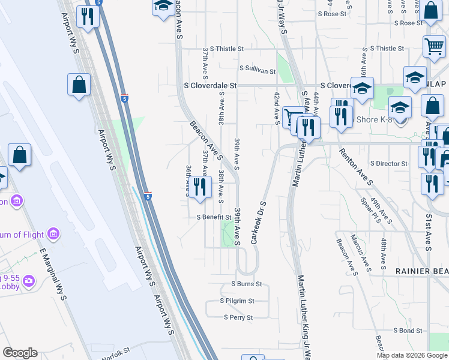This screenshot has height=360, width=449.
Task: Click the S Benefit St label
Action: pos(214,217)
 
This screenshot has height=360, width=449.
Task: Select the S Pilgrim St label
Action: pos(237,301)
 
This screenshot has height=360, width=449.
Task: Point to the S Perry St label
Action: pos(238,317)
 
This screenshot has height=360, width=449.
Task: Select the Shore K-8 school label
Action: pos(375,119)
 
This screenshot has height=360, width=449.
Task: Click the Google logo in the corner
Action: pos(20,353)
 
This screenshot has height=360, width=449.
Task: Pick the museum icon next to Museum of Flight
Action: pos(53,233)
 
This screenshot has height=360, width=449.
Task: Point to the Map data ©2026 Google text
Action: pos(411,355)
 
